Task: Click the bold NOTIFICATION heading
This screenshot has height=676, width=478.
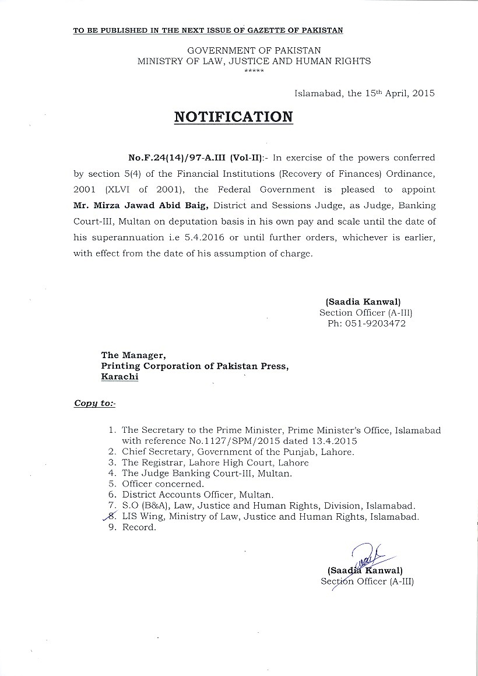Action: point(234,117)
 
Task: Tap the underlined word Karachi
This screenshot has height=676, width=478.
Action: point(120,377)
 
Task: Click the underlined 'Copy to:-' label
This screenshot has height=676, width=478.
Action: point(94,403)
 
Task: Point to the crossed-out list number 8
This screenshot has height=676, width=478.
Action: point(113,517)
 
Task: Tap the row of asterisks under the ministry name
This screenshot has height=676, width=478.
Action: point(254,71)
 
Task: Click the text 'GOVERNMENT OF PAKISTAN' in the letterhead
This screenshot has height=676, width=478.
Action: point(254,51)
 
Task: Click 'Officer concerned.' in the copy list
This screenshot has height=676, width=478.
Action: point(163,484)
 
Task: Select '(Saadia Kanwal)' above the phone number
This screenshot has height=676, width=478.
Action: point(363,302)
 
